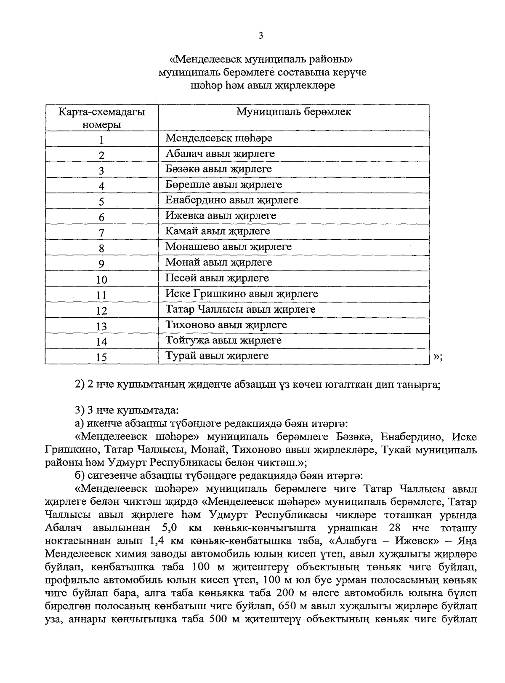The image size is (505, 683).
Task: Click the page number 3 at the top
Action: [x=260, y=36]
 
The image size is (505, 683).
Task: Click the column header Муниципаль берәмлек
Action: [x=293, y=112]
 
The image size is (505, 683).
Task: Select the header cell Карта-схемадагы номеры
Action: [x=101, y=118]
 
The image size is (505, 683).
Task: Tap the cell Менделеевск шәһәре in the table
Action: [x=218, y=138]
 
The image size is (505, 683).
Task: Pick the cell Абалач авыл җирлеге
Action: [x=220, y=154]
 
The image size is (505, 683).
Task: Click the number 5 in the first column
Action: [x=101, y=202]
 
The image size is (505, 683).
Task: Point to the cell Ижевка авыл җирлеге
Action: [x=221, y=216]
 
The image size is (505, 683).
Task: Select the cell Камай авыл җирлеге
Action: [x=217, y=231]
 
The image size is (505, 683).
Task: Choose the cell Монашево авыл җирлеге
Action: [x=228, y=247]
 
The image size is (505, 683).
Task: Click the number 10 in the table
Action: [x=101, y=280]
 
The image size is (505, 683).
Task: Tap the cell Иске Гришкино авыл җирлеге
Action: [x=242, y=294]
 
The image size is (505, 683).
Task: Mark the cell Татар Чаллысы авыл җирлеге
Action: [x=240, y=309]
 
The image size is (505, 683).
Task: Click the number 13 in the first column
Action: [x=101, y=327]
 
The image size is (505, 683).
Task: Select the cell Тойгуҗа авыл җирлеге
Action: [x=223, y=340]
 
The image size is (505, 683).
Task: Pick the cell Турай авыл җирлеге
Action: [x=217, y=356]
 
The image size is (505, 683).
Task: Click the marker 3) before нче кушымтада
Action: [x=80, y=410]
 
